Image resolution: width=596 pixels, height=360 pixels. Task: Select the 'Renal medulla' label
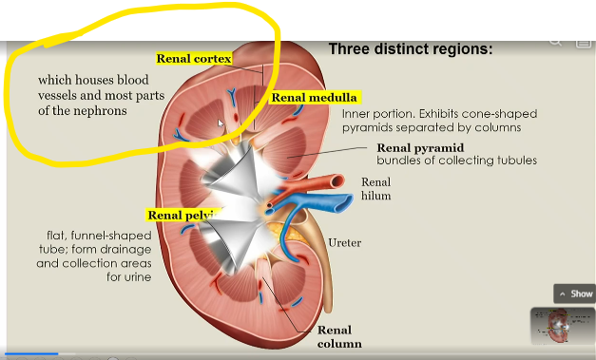314,97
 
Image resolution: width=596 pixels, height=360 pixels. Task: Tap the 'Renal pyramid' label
419,147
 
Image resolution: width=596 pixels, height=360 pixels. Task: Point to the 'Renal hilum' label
375,189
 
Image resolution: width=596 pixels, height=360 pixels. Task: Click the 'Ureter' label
343,243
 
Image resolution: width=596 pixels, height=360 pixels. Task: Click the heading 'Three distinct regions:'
410,47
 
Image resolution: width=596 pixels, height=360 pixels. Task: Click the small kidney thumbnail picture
562,326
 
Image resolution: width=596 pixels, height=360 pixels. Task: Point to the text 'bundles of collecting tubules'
456,161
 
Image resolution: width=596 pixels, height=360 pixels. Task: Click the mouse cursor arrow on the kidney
221,123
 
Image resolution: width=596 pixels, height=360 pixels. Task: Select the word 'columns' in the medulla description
498,126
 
